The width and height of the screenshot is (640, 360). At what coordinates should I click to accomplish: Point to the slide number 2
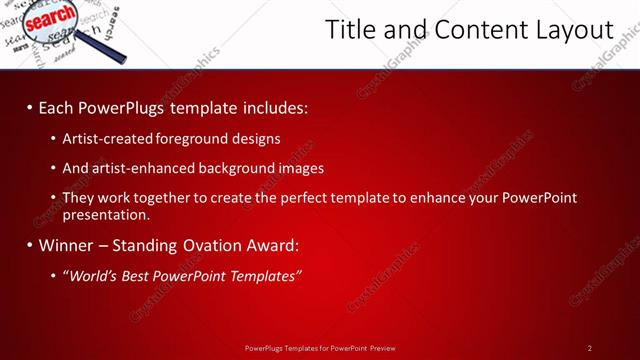590,348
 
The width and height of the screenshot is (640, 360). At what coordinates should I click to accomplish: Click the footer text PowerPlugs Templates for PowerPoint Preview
320,348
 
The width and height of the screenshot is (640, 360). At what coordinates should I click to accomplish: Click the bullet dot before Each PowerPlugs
29,106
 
